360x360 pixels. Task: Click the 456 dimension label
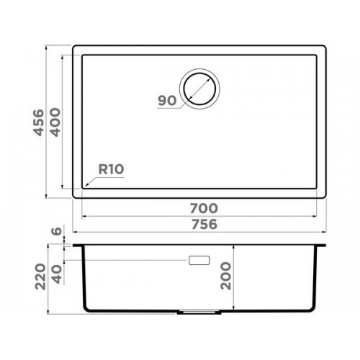pyautogui.click(x=39, y=122)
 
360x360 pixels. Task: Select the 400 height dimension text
pyautogui.click(x=55, y=122)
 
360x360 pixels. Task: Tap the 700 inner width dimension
pyautogui.click(x=204, y=208)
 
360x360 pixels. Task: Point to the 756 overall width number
pyautogui.click(x=204, y=225)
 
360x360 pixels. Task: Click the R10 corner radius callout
pyautogui.click(x=111, y=169)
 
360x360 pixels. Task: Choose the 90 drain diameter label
pyautogui.click(x=167, y=101)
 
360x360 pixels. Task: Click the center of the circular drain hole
pyautogui.click(x=199, y=89)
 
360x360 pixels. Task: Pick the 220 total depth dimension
pyautogui.click(x=40, y=276)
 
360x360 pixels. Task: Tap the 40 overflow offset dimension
pyautogui.click(x=57, y=274)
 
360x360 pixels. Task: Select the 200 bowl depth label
pyautogui.click(x=226, y=276)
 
